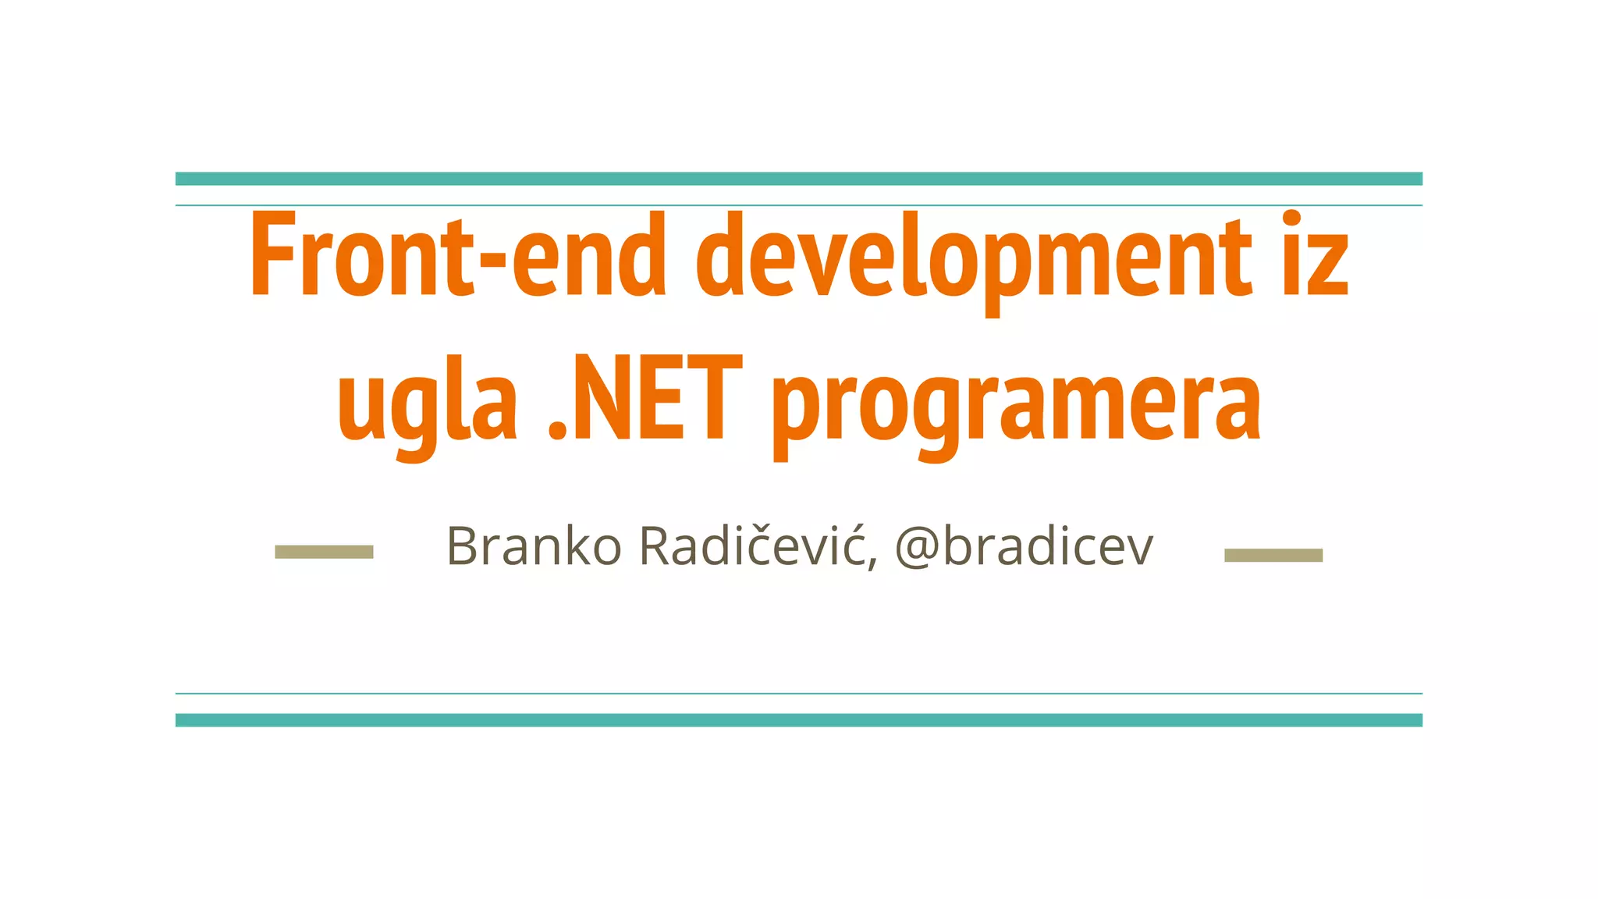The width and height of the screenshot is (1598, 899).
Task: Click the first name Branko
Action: tap(534, 545)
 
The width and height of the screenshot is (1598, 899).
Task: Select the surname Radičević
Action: tap(754, 545)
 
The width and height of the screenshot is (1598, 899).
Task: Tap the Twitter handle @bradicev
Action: tap(1024, 545)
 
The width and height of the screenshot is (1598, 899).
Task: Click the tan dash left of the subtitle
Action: tap(324, 553)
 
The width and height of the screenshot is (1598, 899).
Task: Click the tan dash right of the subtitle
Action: tap(1273, 555)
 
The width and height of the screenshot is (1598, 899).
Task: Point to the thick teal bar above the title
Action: tap(799, 179)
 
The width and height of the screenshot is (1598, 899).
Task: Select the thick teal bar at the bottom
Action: tap(799, 720)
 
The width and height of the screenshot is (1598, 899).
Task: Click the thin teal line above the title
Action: tap(799, 205)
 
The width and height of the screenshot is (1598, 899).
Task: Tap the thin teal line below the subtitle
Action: tap(799, 693)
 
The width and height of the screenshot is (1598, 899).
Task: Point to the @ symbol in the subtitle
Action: tap(916, 547)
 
